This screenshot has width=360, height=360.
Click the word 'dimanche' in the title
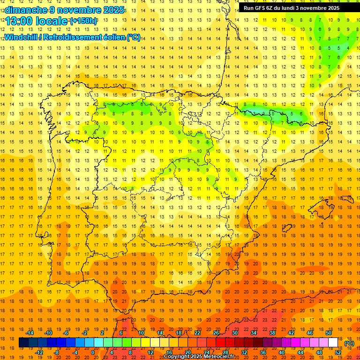[23, 10]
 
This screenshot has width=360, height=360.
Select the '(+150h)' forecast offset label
[83, 21]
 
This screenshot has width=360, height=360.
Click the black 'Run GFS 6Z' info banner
[295, 7]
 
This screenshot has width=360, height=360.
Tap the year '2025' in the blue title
[113, 10]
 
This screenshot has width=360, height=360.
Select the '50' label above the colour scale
[328, 333]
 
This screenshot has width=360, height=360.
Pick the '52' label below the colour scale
[337, 352]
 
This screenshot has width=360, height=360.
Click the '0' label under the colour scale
[93, 352]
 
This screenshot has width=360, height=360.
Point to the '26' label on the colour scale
[216, 333]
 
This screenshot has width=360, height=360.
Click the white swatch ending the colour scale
[333, 343]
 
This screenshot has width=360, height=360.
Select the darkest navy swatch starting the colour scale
[23, 343]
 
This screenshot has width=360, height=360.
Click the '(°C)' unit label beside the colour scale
[349, 343]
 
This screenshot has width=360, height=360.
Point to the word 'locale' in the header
[51, 21]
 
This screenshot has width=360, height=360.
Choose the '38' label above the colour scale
[272, 333]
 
